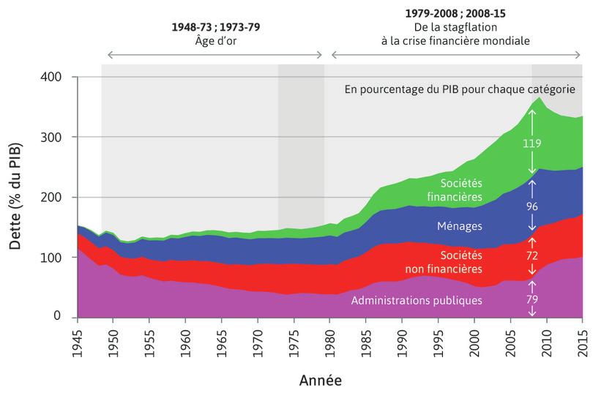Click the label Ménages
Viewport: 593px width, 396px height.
tap(460, 226)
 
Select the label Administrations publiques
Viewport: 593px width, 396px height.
tap(417, 300)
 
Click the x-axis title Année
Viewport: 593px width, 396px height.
tap(320, 381)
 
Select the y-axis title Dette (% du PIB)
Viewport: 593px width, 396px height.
tap(15, 198)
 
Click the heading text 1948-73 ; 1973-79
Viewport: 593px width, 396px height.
tap(215, 27)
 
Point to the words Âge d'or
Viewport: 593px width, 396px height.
tap(215, 41)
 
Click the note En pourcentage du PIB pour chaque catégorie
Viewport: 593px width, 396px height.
tap(460, 89)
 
